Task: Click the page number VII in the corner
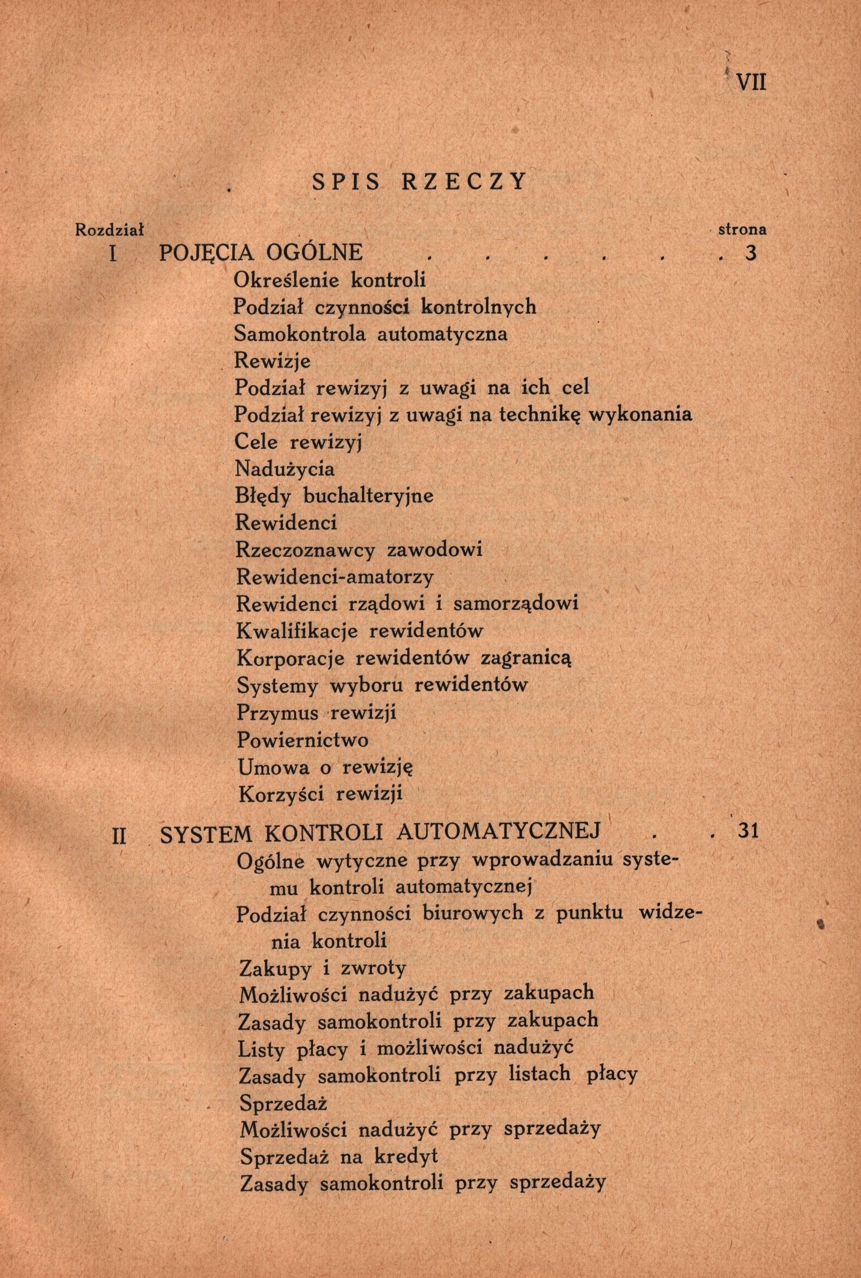click(x=750, y=82)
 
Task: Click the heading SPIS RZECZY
click(x=419, y=181)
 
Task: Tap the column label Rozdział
click(x=109, y=230)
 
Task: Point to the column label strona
click(x=742, y=230)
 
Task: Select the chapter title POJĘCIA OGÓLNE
click(x=261, y=253)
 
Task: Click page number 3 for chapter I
click(x=751, y=253)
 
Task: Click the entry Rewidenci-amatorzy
click(x=334, y=577)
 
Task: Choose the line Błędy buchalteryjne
click(x=334, y=496)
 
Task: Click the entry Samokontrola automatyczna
click(x=370, y=334)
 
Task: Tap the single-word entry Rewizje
click(x=272, y=361)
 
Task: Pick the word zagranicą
click(x=526, y=658)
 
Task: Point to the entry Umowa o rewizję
click(x=325, y=767)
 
